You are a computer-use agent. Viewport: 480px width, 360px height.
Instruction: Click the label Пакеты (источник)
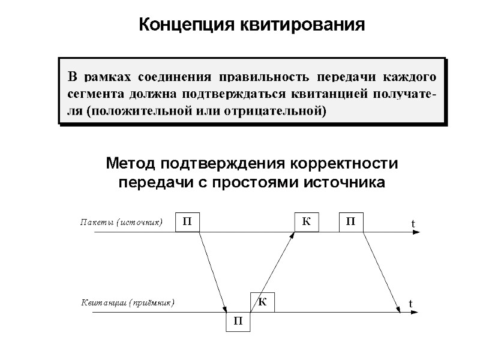coord(122,223)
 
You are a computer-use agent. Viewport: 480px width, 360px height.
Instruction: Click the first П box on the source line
coord(187,222)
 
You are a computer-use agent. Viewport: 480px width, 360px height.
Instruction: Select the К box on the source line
coord(307,222)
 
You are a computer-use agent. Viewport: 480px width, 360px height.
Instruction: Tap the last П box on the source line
coord(351,222)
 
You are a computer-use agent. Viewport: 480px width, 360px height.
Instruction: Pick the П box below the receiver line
coord(238,322)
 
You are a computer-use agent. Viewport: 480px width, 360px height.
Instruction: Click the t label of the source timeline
coord(413,224)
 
